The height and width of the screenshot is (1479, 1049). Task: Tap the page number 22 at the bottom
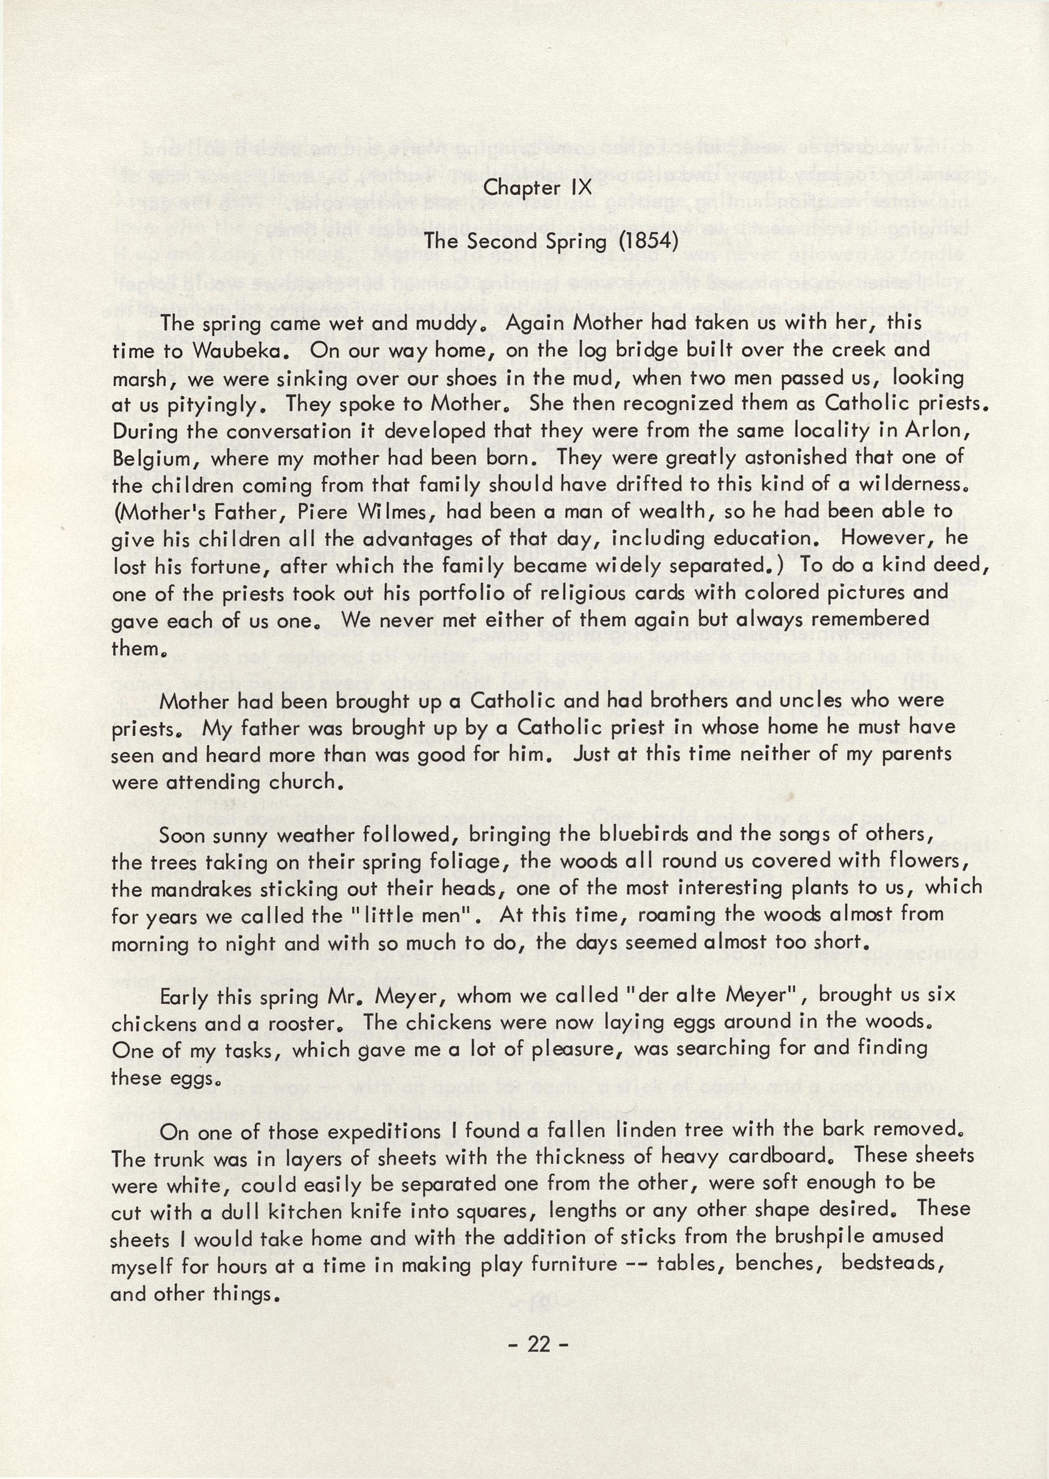click(538, 1345)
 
